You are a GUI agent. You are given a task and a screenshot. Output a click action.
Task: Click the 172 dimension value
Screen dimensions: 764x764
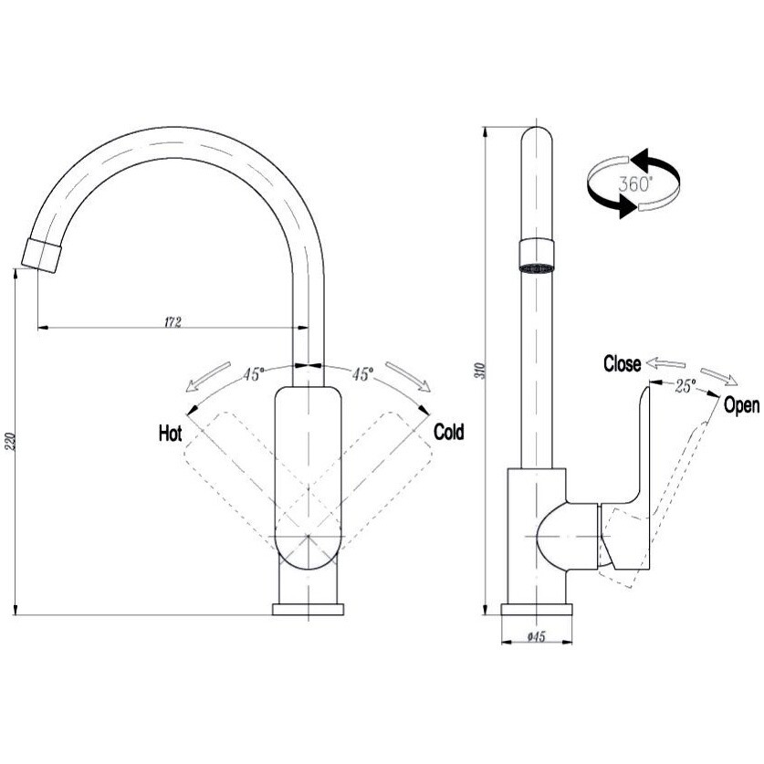pos(173,322)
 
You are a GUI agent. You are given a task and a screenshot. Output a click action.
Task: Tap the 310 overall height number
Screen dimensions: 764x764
pos(482,372)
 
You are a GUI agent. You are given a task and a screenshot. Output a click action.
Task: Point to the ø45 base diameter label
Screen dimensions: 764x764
pos(536,637)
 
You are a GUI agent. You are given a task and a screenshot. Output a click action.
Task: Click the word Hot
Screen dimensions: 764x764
pos(170,433)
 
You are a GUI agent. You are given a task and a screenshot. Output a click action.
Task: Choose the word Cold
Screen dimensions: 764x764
pos(448,432)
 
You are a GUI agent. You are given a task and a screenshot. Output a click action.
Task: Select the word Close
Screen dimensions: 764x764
pos(622,364)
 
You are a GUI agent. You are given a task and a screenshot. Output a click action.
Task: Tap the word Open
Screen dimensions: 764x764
pos(741,405)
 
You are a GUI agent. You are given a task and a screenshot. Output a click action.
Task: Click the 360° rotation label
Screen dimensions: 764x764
pos(635,183)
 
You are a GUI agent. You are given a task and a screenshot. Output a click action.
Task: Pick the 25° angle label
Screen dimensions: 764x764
pos(686,386)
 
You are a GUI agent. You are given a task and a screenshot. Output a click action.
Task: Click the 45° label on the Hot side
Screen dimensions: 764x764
pos(254,373)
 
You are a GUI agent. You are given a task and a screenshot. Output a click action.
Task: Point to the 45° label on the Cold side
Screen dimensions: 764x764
pos(362,373)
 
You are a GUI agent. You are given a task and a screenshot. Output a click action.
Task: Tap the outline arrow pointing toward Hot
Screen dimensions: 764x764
pos(208,377)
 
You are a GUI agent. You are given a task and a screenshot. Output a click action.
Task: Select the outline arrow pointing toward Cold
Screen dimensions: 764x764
pos(408,376)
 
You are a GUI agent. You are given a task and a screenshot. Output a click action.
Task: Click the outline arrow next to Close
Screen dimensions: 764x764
pos(665,363)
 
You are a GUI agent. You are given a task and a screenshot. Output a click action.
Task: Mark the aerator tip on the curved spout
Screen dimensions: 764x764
pos(42,256)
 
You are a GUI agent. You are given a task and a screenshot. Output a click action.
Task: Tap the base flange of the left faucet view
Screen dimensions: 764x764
pos(308,609)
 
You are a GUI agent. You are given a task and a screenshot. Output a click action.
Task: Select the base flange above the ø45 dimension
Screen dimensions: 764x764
pos(537,609)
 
